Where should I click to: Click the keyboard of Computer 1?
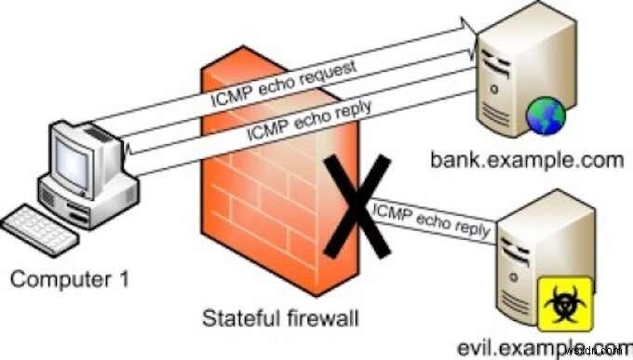coord(39,230)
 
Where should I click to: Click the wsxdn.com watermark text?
coord(596,353)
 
